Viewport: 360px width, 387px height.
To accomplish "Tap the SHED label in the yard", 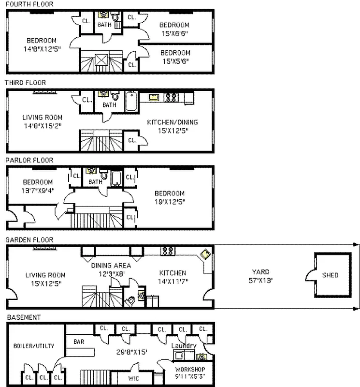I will [331, 275].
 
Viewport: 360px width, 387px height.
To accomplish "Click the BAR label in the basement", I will [79, 341].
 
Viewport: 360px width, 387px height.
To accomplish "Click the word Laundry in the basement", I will [184, 345].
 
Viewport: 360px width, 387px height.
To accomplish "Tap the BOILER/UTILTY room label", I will [34, 345].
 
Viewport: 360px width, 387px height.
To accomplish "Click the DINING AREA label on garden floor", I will [111, 265].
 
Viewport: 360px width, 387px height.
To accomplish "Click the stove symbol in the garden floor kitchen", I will [168, 251].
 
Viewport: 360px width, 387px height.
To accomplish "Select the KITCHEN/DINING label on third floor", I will [173, 122].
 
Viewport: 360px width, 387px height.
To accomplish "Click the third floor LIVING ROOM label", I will [43, 117].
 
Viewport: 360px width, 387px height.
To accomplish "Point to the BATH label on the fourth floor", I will [104, 24].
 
